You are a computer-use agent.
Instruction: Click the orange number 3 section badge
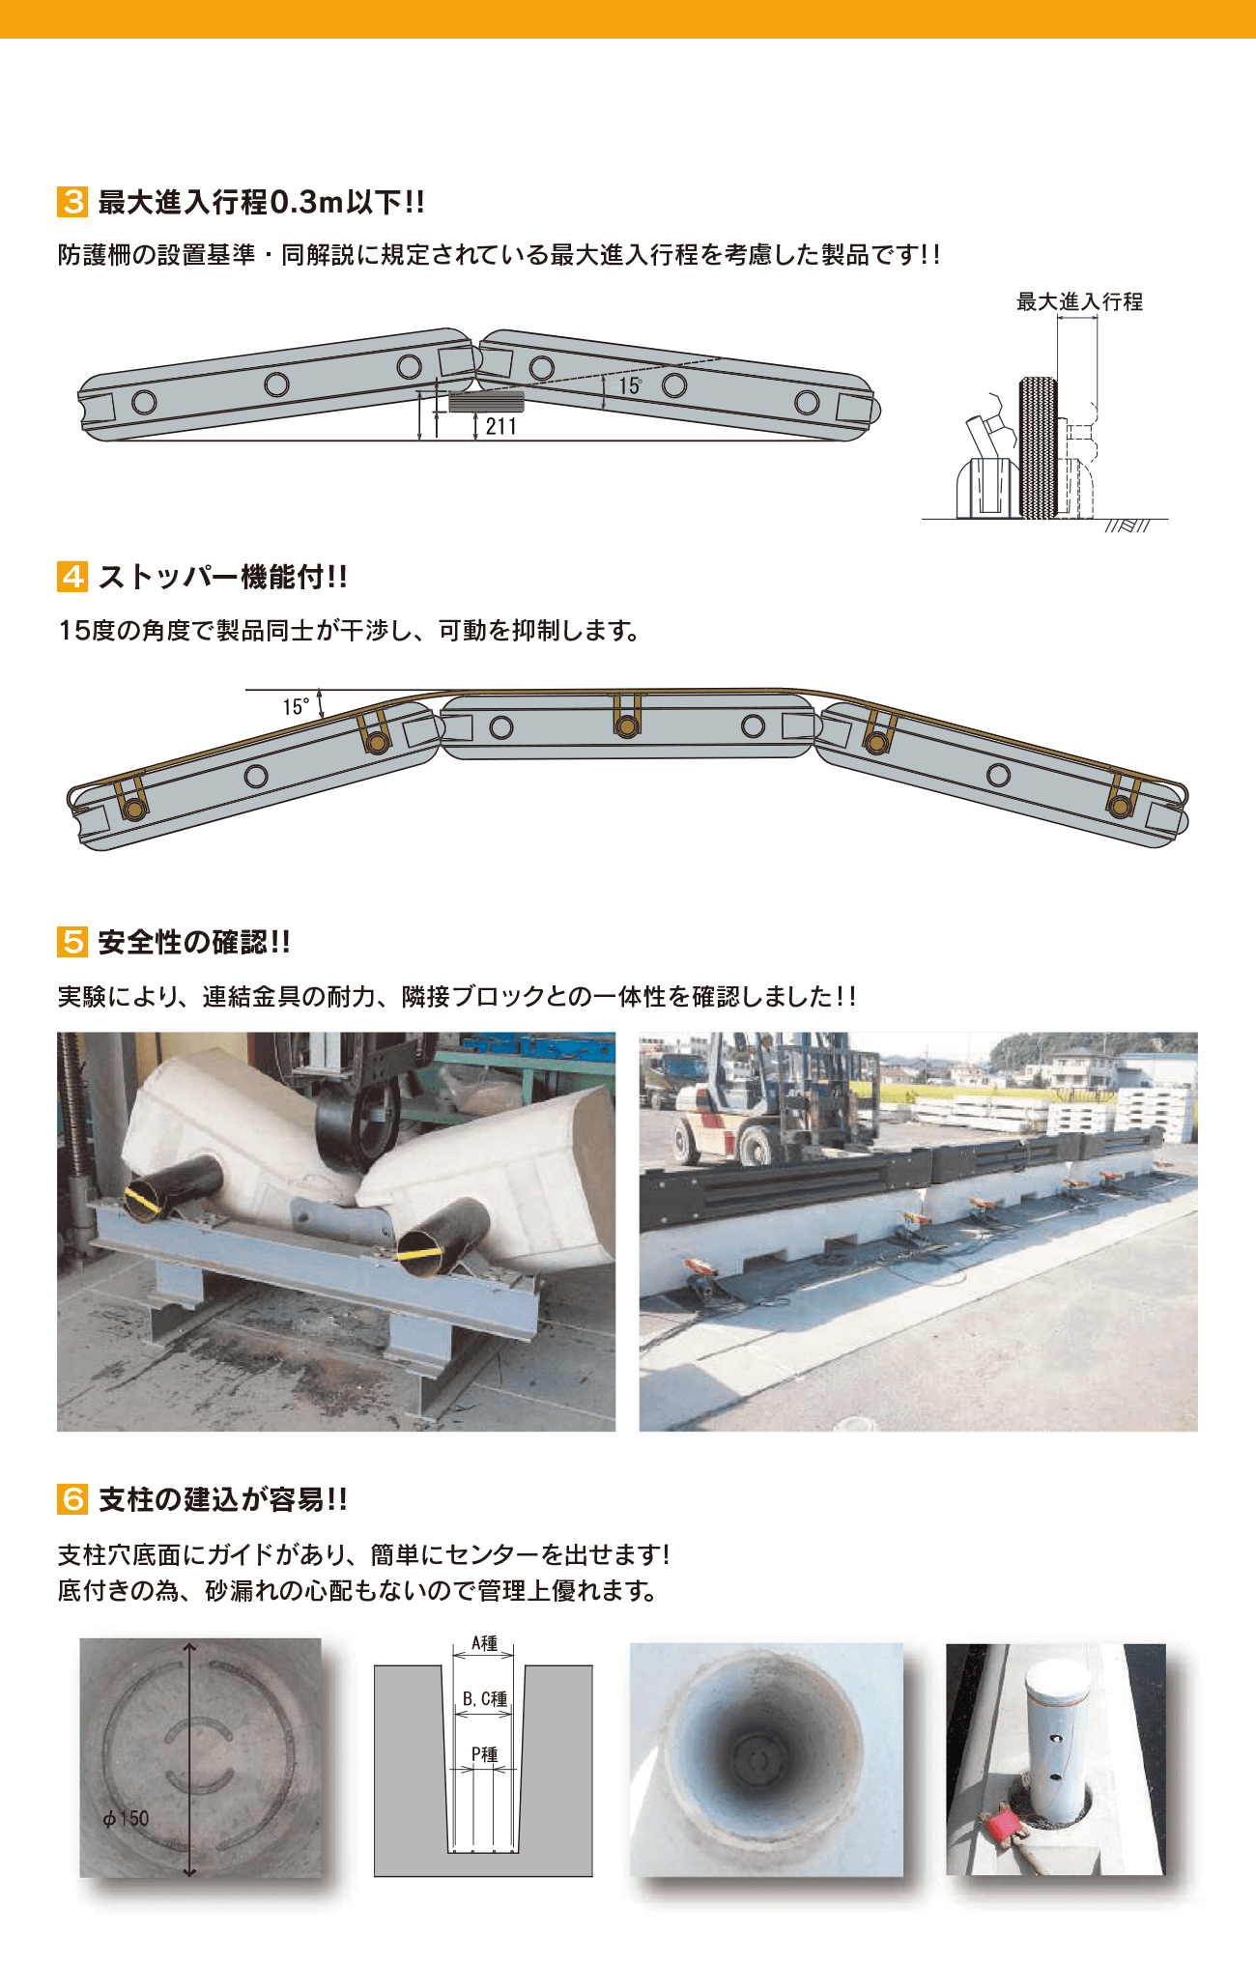tap(72, 202)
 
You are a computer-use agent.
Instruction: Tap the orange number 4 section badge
tap(72, 577)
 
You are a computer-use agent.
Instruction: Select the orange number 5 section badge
tap(72, 942)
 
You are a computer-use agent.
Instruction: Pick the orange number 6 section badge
tap(72, 1499)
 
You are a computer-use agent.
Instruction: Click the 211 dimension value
tap(500, 426)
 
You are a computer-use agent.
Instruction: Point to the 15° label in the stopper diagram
tap(296, 707)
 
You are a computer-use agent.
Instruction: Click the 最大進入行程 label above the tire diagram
tap(1079, 302)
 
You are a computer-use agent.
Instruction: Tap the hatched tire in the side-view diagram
tap(1039, 447)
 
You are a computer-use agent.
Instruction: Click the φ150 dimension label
tap(127, 1818)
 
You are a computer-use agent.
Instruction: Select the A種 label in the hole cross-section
tap(484, 1643)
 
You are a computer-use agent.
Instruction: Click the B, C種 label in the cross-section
tap(484, 1698)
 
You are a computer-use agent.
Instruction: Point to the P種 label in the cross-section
tap(484, 1754)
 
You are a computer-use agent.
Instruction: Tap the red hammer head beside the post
tap(1001, 1825)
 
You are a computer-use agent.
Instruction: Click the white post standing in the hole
tap(1057, 1734)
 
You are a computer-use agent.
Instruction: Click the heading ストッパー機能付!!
tap(223, 577)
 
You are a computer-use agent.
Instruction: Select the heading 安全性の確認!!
tap(194, 942)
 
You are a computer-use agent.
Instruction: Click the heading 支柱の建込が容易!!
tap(223, 1499)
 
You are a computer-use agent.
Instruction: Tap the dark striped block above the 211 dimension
tap(486, 402)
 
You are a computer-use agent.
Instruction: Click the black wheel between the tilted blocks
tap(356, 1129)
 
